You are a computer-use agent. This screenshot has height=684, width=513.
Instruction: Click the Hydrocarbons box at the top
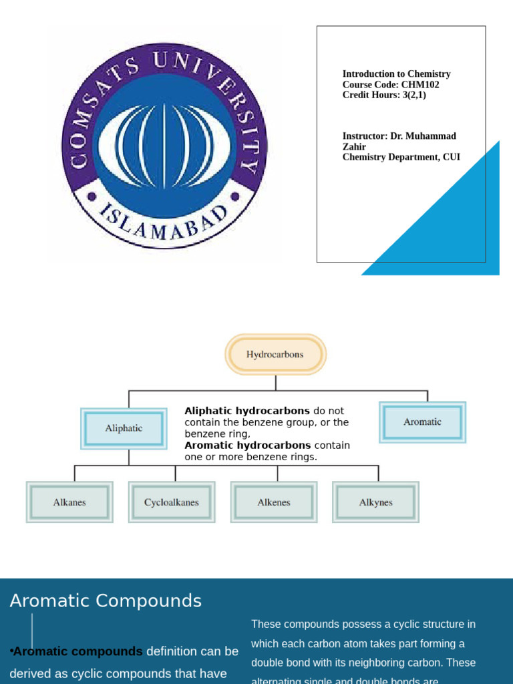point(275,355)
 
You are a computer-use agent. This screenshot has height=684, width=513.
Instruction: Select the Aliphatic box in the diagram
point(124,429)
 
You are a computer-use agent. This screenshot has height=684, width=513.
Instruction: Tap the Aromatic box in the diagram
point(422,422)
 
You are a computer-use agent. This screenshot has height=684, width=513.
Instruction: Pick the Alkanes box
point(69,502)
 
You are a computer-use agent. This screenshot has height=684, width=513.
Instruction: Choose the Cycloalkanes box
point(172,502)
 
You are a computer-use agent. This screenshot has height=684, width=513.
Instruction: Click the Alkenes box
point(274,502)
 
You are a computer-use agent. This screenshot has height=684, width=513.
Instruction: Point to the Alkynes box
point(376,502)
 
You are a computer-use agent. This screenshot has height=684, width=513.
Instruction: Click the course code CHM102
point(420,85)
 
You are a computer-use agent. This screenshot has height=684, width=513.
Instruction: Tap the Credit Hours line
point(384,95)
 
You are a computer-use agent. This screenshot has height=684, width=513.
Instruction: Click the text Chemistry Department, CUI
point(401,158)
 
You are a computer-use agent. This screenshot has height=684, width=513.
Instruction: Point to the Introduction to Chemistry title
point(396,74)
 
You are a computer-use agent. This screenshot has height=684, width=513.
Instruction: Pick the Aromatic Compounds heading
point(106,601)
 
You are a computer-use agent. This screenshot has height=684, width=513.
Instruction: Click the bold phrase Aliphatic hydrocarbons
point(247,411)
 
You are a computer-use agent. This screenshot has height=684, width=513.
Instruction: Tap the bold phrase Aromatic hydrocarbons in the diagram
point(247,446)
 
